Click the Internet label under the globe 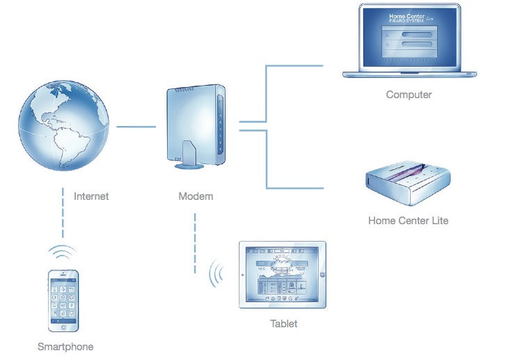tap(91, 196)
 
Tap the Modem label tap(196, 196)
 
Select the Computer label tap(409, 95)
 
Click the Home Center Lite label tap(409, 221)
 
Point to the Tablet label tap(283, 324)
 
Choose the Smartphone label tap(65, 346)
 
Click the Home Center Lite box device tap(408, 185)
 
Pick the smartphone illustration tap(64, 300)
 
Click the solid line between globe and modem tap(136, 127)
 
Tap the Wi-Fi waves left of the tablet tap(219, 274)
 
